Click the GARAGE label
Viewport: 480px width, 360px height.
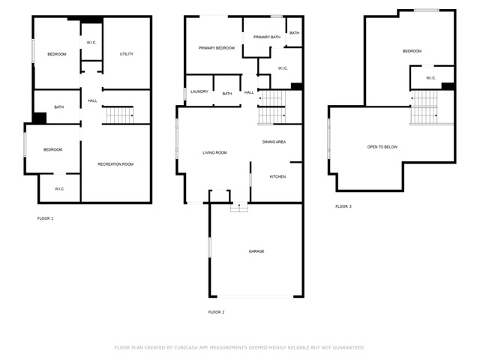pyautogui.click(x=256, y=251)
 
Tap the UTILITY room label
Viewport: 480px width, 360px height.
pyautogui.click(x=127, y=54)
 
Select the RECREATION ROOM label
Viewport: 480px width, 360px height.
pyautogui.click(x=115, y=164)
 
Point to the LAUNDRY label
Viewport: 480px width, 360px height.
pyautogui.click(x=199, y=91)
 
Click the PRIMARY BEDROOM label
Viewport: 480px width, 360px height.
pyautogui.click(x=217, y=48)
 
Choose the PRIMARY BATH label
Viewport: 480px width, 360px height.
pyautogui.click(x=267, y=37)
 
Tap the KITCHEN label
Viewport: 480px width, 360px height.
pyautogui.click(x=277, y=177)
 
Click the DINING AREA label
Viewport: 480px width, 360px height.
pyautogui.click(x=274, y=142)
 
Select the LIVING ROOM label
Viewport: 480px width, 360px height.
pyautogui.click(x=214, y=153)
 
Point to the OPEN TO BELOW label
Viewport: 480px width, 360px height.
pyautogui.click(x=382, y=147)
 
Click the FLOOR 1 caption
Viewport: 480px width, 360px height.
pyautogui.click(x=45, y=218)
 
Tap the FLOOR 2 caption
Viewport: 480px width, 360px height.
pyautogui.click(x=216, y=312)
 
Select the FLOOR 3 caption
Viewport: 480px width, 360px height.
pyautogui.click(x=343, y=207)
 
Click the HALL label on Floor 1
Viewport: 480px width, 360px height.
pyautogui.click(x=92, y=100)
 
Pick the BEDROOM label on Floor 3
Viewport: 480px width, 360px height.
pyautogui.click(x=412, y=51)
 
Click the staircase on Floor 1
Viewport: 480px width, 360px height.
pyautogui.click(x=120, y=115)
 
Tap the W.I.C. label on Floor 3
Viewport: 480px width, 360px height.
pyautogui.click(x=430, y=78)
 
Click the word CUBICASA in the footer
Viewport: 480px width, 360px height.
pyautogui.click(x=186, y=348)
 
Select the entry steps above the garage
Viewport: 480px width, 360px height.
pyautogui.click(x=239, y=208)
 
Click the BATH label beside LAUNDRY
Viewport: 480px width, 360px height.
pyautogui.click(x=227, y=94)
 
